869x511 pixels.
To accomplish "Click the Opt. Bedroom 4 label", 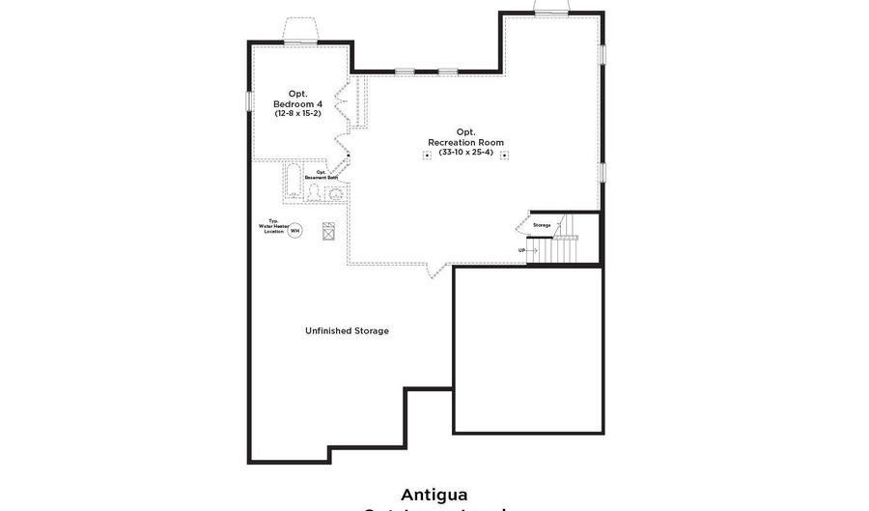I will [297, 99].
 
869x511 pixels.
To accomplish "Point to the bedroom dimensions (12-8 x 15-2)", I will [297, 114].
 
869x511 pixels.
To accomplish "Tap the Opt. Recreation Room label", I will [465, 137].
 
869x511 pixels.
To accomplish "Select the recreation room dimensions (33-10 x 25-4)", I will [465, 153].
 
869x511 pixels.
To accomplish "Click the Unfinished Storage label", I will [347, 331].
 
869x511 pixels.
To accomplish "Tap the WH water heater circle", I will [295, 231].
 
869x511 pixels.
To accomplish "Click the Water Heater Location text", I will [274, 227].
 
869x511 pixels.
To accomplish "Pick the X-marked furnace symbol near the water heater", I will [328, 231].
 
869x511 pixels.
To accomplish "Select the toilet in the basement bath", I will [314, 191].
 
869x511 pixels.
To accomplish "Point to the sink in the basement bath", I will [335, 193].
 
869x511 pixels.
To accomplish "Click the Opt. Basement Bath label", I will [322, 175].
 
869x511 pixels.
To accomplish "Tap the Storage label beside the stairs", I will [542, 225].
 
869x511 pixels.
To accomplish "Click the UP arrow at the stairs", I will [527, 250].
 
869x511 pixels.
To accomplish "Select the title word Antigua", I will [434, 494].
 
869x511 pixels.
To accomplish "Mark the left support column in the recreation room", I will [427, 156].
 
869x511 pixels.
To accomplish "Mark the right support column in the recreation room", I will [504, 156].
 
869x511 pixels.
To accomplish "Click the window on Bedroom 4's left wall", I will [249, 100].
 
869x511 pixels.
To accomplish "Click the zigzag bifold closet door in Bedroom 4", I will [340, 106].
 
